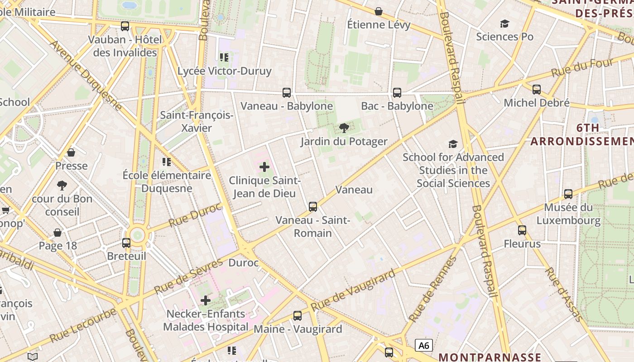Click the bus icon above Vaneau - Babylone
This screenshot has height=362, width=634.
tap(286, 93)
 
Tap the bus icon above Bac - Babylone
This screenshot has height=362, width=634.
tap(397, 93)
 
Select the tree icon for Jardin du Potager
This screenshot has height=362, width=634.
tap(344, 128)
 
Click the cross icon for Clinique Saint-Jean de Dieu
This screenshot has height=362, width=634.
tap(264, 167)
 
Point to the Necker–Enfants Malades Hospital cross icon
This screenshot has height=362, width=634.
tap(206, 300)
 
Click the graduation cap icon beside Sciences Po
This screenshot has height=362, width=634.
tap(504, 24)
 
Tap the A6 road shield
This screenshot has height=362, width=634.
tap(423, 345)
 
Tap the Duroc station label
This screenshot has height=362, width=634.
tap(244, 262)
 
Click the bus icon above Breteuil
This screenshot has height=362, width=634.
tap(126, 243)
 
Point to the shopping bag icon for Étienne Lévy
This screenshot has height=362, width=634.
tap(379, 11)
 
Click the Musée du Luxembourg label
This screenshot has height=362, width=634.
tap(568, 214)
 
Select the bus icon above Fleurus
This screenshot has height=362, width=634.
tap(522, 230)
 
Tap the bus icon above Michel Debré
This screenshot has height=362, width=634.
tap(537, 90)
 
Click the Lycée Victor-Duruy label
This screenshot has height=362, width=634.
tap(224, 71)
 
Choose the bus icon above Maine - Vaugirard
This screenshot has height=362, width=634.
tap(298, 316)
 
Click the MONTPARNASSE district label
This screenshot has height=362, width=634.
tap(490, 357)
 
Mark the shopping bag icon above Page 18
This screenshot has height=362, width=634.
tap(58, 233)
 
